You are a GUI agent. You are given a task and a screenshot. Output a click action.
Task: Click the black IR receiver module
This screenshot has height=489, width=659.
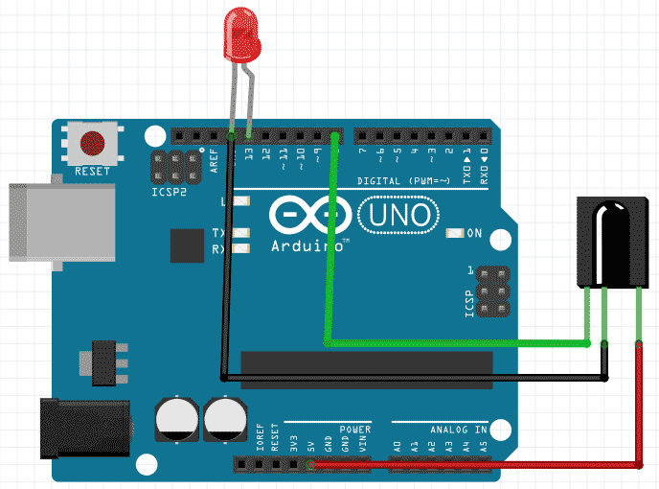pyautogui.click(x=610, y=240)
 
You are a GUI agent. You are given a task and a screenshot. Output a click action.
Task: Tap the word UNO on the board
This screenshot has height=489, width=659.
pyautogui.click(x=399, y=214)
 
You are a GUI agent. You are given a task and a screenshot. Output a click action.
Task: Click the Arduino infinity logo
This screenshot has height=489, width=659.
pyautogui.click(x=303, y=215)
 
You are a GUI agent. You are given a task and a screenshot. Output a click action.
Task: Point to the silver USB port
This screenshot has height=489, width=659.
pyautogui.click(x=38, y=221)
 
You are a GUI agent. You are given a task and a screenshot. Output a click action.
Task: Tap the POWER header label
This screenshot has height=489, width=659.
pyautogui.click(x=353, y=430)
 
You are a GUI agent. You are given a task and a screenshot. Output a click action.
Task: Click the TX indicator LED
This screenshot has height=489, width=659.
pyautogui.click(x=239, y=233)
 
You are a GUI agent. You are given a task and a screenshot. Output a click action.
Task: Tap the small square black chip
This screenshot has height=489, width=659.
pyautogui.click(x=187, y=245)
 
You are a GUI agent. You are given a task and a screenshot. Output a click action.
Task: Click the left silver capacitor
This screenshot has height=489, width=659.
pyautogui.click(x=175, y=421)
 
